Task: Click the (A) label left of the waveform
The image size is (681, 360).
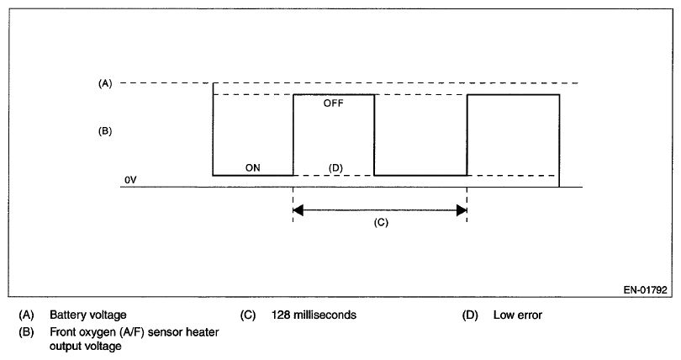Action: click(x=104, y=83)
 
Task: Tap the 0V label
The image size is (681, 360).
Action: click(x=129, y=181)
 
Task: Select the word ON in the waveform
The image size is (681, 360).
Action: click(x=252, y=167)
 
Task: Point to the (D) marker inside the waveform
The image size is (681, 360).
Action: click(x=335, y=167)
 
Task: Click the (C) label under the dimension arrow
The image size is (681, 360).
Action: click(x=379, y=225)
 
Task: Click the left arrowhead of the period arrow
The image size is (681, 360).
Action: click(x=298, y=209)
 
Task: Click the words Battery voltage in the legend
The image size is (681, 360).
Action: click(x=88, y=316)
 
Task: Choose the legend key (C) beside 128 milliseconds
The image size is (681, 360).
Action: click(x=247, y=316)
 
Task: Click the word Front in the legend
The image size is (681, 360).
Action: click(x=62, y=332)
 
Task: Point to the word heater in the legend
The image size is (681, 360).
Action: click(x=203, y=332)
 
